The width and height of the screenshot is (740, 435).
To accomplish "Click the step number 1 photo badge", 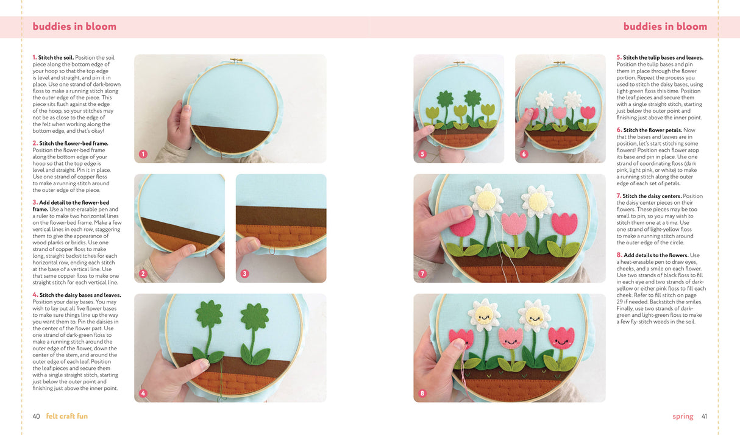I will click(x=143, y=154).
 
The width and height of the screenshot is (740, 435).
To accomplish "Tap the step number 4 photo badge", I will click(x=143, y=394).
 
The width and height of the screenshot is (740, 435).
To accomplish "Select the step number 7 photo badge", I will click(x=422, y=274).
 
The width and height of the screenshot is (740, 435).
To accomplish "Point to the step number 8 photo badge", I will click(x=422, y=394).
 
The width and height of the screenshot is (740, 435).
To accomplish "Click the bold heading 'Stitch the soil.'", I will click(x=56, y=58).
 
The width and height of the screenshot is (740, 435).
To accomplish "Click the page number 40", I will click(x=36, y=417).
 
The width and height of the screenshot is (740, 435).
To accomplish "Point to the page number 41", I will click(x=704, y=417).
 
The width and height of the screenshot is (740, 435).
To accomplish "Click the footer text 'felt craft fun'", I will click(x=67, y=417).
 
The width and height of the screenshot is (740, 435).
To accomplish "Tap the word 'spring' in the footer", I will click(x=683, y=417).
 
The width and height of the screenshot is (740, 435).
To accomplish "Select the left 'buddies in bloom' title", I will click(x=74, y=27).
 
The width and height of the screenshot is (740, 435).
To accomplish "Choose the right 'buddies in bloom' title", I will click(x=665, y=27).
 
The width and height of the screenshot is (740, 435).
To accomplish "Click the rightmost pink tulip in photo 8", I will click(x=560, y=337).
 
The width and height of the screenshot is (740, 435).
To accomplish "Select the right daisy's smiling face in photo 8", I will click(x=535, y=316).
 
